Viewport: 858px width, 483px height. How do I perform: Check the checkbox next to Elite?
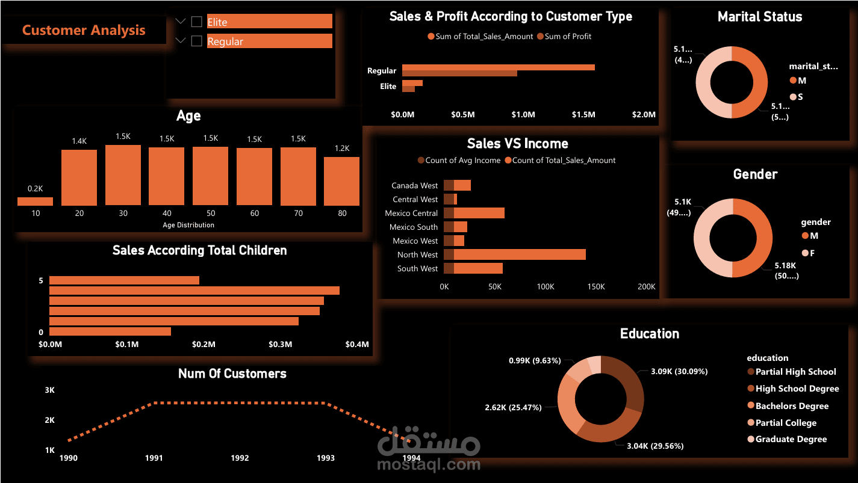click(196, 22)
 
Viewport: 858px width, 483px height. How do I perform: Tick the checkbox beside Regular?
click(196, 42)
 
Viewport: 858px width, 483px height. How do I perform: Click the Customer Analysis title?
click(84, 30)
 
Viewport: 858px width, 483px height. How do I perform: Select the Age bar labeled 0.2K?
click(35, 202)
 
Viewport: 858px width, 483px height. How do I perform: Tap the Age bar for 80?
click(341, 181)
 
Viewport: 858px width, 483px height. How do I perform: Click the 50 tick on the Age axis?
click(211, 213)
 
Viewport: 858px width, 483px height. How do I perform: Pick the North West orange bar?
click(519, 254)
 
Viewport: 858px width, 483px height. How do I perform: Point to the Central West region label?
click(415, 199)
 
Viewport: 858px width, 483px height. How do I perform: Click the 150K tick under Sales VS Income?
click(596, 287)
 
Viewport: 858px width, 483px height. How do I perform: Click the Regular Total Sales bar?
click(498, 67)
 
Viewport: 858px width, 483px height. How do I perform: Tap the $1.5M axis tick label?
click(583, 114)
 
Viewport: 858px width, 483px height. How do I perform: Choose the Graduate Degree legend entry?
click(791, 439)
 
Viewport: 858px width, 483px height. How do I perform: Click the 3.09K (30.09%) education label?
click(679, 371)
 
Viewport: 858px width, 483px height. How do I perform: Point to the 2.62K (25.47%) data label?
click(513, 407)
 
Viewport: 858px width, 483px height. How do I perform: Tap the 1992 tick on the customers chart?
click(240, 458)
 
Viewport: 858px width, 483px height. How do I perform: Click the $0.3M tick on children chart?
click(280, 345)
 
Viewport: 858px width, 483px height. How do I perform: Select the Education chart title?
click(649, 334)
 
